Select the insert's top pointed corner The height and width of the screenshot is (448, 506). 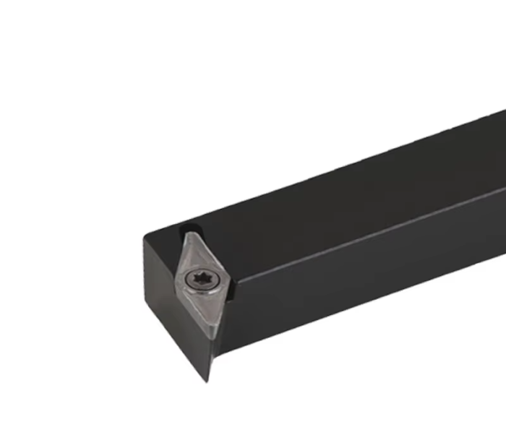pos(189,233)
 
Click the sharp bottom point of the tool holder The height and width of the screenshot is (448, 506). pos(207,381)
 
